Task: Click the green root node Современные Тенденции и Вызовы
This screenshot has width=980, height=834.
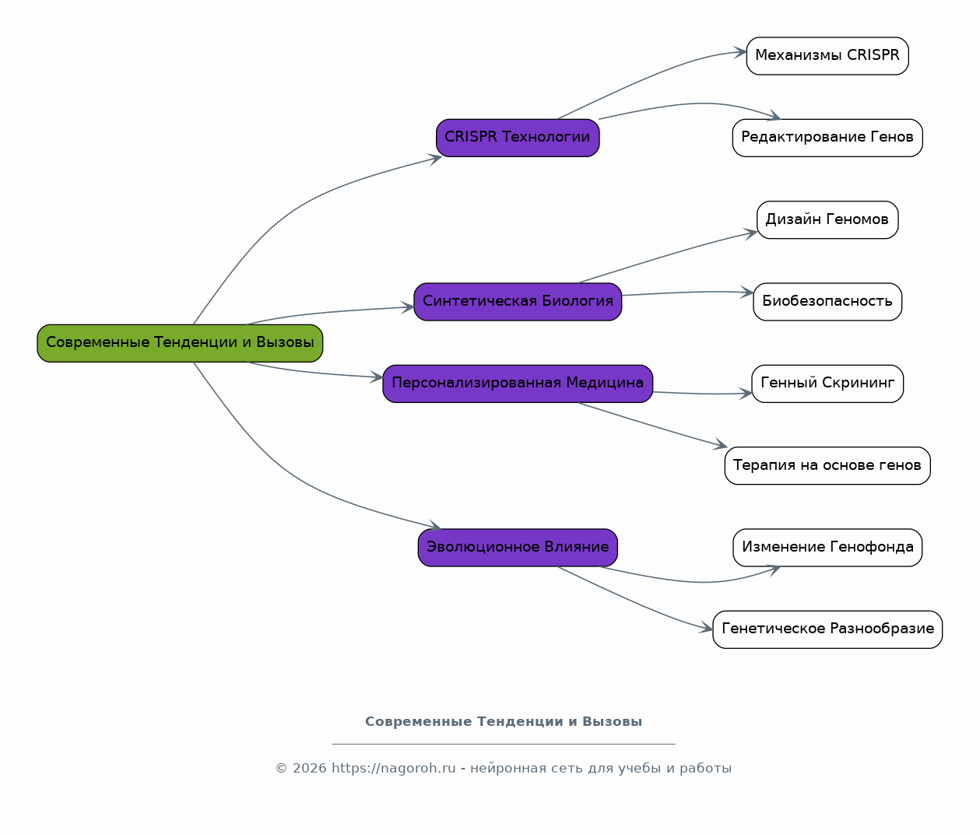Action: (180, 343)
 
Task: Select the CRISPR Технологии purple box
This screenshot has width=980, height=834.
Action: (518, 138)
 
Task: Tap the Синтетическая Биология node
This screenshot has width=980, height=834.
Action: (518, 302)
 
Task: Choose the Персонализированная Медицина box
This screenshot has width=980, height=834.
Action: (518, 384)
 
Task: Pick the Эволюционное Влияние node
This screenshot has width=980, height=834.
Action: (518, 548)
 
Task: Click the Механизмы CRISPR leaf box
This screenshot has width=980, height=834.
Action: (827, 56)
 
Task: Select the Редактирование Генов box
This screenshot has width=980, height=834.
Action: (827, 138)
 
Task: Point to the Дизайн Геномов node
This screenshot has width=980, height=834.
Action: (827, 220)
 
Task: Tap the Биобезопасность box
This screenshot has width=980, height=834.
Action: (827, 302)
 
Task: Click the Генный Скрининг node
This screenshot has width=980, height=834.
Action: (827, 384)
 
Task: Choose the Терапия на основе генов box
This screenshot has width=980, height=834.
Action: (827, 466)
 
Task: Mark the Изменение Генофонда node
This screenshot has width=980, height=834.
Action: (827, 548)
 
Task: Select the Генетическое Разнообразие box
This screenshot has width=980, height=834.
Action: (827, 629)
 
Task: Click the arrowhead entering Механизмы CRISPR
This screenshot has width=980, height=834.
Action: (740, 52)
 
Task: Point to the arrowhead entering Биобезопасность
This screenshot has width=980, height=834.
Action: (747, 293)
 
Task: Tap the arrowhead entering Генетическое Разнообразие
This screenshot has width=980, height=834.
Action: (707, 629)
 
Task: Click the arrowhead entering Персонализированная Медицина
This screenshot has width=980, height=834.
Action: (377, 377)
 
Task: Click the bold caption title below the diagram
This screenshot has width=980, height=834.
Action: (504, 722)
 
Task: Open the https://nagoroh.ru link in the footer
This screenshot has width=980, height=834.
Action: (394, 768)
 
